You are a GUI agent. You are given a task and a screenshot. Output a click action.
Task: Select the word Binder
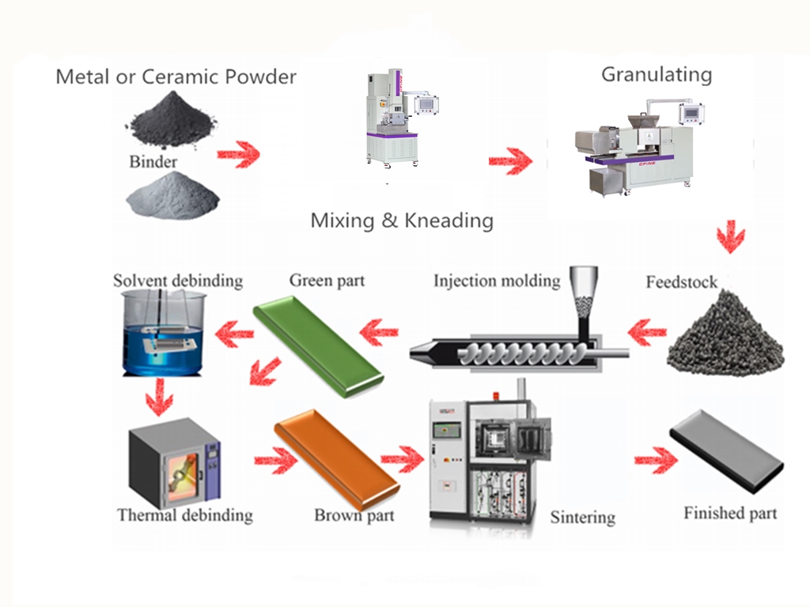coord(153,162)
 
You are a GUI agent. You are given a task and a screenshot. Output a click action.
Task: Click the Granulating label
coord(657,75)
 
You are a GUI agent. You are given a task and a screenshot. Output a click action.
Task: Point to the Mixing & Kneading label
coord(402,221)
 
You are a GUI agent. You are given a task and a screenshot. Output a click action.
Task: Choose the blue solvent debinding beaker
coord(163,335)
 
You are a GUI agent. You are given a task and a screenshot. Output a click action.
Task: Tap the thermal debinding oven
coord(173,462)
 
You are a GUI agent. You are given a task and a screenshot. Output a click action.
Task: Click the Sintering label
coord(583,518)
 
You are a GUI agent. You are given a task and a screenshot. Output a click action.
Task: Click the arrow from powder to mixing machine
coord(238,153)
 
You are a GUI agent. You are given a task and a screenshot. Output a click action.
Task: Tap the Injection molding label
coord(496,281)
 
